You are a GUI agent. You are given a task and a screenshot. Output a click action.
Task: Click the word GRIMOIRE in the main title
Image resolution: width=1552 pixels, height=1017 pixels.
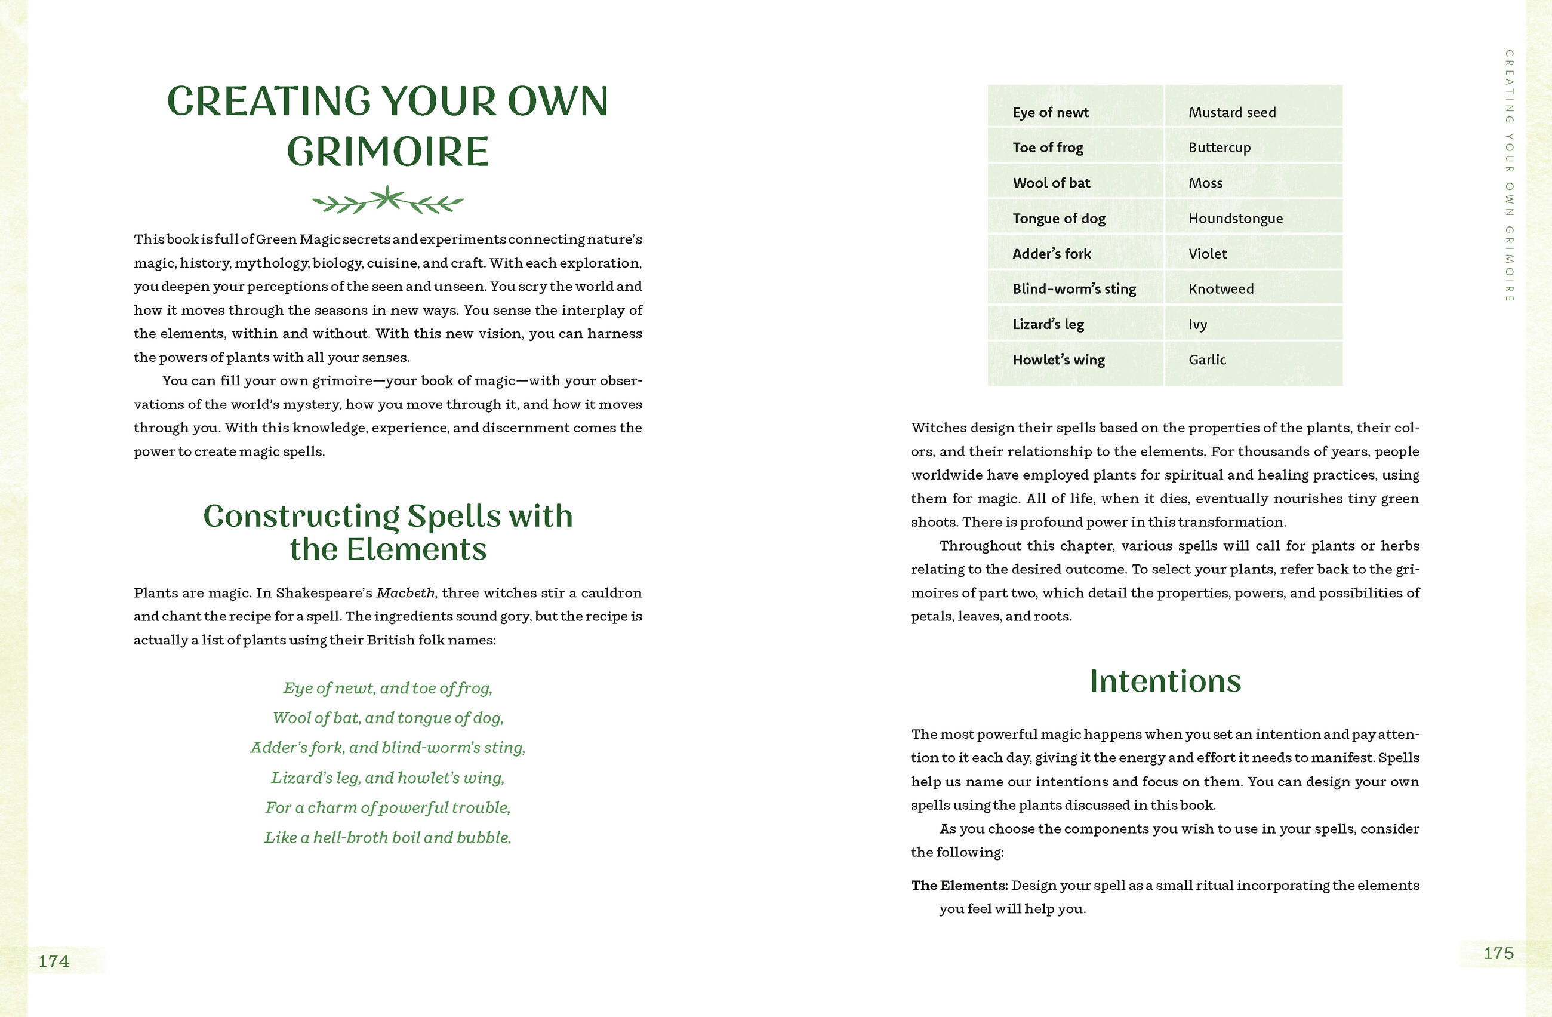[388, 152]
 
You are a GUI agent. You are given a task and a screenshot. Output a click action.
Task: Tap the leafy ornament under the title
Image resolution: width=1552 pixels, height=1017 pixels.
[388, 200]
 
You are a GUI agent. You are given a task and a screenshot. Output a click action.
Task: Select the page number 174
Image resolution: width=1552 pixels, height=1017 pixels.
[54, 961]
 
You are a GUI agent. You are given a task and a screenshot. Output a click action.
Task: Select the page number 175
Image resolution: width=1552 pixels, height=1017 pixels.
[1498, 953]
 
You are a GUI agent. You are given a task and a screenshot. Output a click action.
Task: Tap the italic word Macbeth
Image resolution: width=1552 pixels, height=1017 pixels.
[405, 593]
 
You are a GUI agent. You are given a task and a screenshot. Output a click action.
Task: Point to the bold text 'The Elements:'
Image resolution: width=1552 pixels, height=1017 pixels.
[959, 885]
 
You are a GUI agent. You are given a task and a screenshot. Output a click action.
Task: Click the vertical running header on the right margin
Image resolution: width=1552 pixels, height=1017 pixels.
[1509, 176]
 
